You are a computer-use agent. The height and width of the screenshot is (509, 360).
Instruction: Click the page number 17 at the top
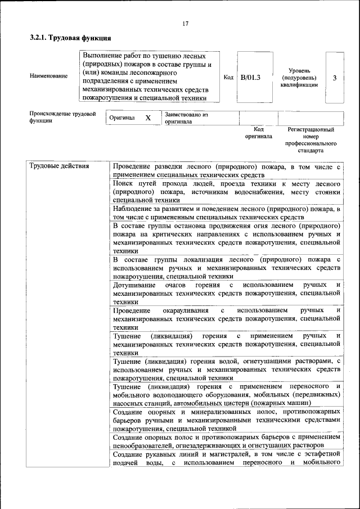185,23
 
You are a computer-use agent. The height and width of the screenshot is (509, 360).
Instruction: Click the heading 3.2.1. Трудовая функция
70,38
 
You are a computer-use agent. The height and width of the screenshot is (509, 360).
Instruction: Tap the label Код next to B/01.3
228,77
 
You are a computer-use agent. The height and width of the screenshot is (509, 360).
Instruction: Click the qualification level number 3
335,78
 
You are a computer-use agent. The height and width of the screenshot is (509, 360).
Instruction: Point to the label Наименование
49,76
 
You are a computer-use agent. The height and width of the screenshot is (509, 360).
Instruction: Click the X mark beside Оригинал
148,118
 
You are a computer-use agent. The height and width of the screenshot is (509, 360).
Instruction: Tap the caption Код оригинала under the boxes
259,132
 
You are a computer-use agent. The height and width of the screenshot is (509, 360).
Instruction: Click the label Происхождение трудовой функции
62,117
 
